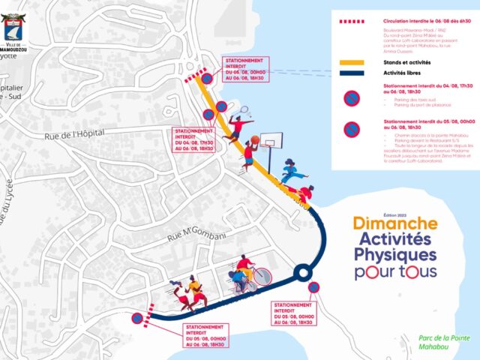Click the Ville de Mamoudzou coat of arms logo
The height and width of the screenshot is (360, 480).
pyautogui.click(x=16, y=27)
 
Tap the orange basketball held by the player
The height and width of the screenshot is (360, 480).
pyautogui.click(x=255, y=139)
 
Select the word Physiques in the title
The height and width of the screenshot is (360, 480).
pyautogui.click(x=394, y=256)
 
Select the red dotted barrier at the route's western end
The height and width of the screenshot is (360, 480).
pyautogui.click(x=149, y=310)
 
